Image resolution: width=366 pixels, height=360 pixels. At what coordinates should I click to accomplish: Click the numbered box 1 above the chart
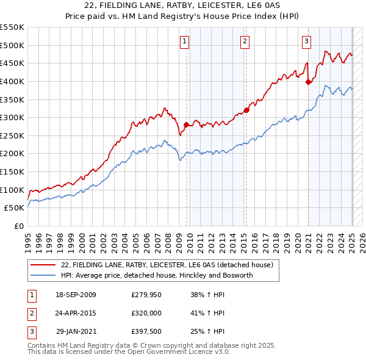(184, 41)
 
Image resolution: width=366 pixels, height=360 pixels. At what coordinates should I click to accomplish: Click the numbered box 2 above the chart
(245, 41)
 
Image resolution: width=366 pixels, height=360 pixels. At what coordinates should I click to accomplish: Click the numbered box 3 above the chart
(306, 41)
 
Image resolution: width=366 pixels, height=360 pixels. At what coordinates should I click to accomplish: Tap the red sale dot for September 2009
(186, 124)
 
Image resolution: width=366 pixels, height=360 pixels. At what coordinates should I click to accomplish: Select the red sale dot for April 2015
(246, 110)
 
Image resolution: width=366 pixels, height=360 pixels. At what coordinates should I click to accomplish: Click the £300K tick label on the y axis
(12, 117)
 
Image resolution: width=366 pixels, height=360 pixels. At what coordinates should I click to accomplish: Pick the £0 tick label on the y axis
(19, 226)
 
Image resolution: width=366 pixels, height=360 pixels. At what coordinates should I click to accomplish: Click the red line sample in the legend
(43, 265)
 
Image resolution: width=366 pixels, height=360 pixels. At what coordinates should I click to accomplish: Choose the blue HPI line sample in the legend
(43, 275)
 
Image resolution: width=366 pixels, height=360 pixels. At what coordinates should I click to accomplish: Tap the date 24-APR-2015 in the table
(75, 314)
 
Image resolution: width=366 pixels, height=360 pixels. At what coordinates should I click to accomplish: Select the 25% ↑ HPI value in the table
(208, 333)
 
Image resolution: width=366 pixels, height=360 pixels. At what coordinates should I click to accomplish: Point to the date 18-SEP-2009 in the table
(75, 295)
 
